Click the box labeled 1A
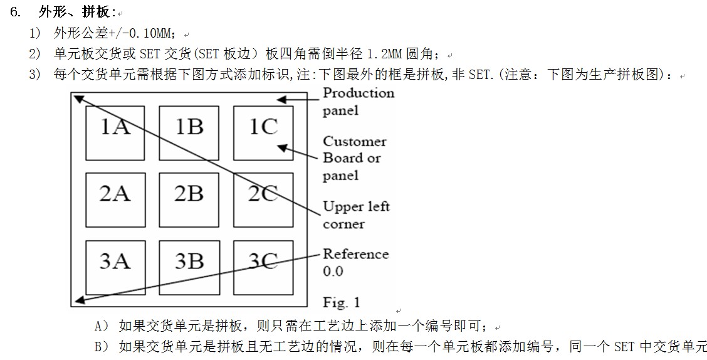[x=115, y=133]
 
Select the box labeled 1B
[x=189, y=133]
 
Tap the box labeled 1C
[x=263, y=133]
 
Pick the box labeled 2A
[x=115, y=199]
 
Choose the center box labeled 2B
[x=189, y=199]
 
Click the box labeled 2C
[x=263, y=199]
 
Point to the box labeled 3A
[x=115, y=267]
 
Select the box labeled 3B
[x=189, y=267]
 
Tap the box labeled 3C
[x=263, y=267]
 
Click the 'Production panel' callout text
[x=358, y=102]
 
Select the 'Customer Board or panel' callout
[x=354, y=158]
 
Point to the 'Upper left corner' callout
[x=355, y=214]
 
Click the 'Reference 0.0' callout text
[x=355, y=262]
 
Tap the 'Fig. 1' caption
[x=341, y=302]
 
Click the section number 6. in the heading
[x=16, y=12]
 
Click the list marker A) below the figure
[x=102, y=326]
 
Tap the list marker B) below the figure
[x=102, y=346]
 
